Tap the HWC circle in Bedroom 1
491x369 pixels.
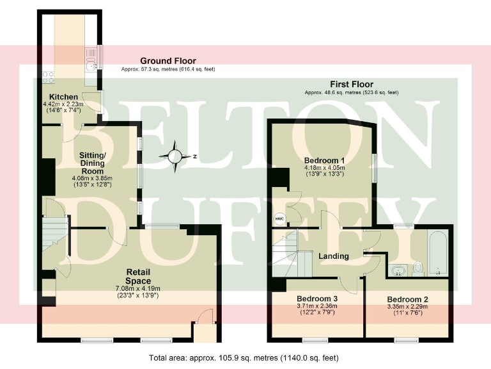click(280, 218)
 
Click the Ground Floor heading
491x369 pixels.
click(168, 61)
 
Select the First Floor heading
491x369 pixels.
click(352, 85)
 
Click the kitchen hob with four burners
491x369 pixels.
click(47, 78)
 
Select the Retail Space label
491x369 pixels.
click(137, 276)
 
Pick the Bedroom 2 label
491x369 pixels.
click(407, 299)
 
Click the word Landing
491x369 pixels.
click(334, 256)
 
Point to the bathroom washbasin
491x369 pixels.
click(398, 269)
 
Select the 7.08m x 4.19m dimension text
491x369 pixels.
click(138, 288)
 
